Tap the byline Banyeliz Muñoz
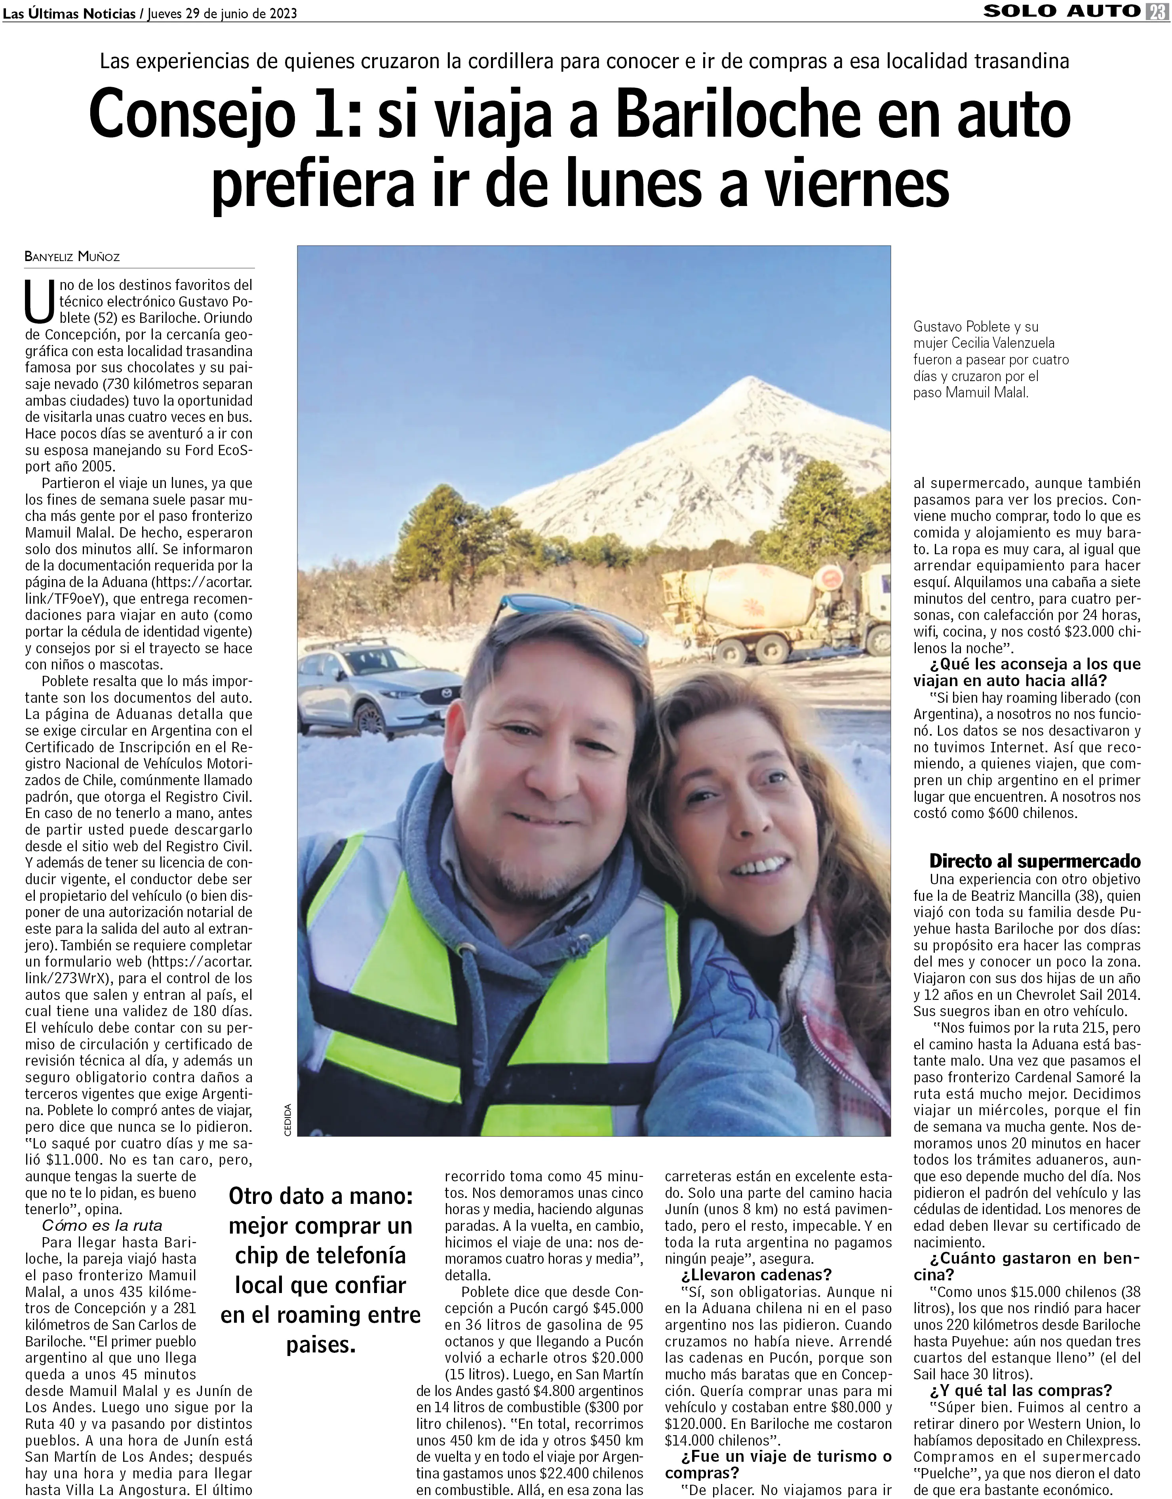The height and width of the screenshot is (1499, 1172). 72,257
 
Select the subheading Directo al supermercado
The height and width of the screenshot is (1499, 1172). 1034,861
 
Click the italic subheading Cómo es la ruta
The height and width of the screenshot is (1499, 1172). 101,1225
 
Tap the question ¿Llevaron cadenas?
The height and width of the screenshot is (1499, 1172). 756,1274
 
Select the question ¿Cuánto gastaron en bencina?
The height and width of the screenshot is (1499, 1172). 1026,1266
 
